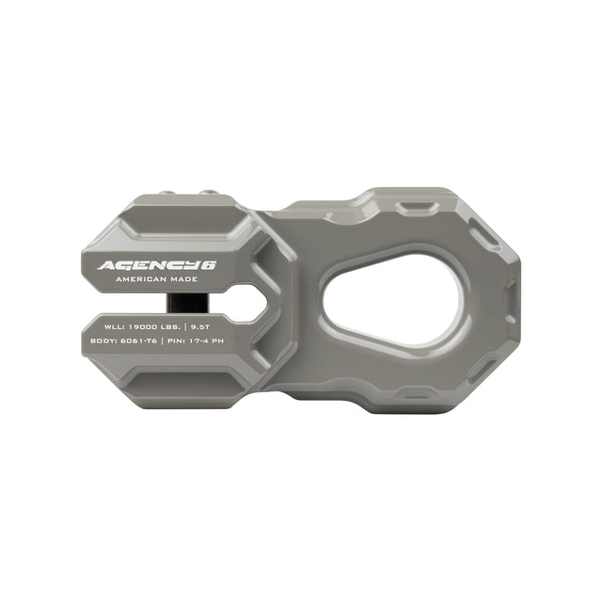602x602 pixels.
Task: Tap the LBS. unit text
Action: click(x=183, y=325)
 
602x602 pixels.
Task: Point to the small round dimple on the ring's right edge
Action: click(x=512, y=281)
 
